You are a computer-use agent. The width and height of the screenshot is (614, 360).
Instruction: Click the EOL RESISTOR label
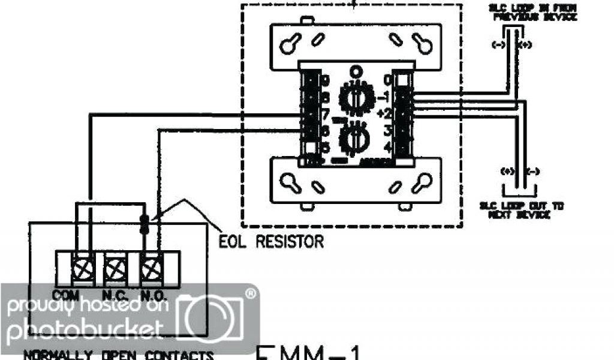tap(272, 242)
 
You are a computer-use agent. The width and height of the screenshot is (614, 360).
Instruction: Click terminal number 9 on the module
tap(324, 80)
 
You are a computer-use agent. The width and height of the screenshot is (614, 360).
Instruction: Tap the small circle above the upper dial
tap(358, 70)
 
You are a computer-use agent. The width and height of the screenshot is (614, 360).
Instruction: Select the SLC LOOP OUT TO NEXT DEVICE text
tap(520, 210)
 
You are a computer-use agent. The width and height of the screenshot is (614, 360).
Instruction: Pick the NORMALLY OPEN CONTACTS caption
tap(118, 355)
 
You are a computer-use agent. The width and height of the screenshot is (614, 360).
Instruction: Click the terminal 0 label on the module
tap(388, 80)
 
